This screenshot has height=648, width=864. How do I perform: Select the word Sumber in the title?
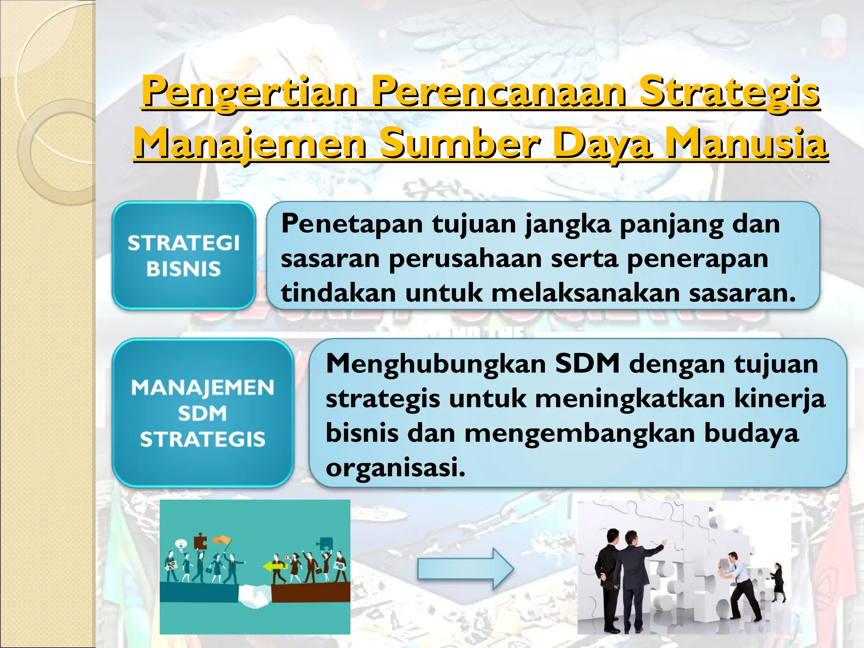(460, 143)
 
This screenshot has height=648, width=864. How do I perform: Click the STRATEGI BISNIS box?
(184, 256)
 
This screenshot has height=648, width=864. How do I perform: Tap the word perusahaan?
(465, 258)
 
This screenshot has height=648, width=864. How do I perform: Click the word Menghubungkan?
(435, 364)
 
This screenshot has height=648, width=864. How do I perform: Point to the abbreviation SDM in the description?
(587, 364)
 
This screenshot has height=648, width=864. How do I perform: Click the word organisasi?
(395, 467)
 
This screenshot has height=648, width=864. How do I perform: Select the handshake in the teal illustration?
(254, 596)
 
